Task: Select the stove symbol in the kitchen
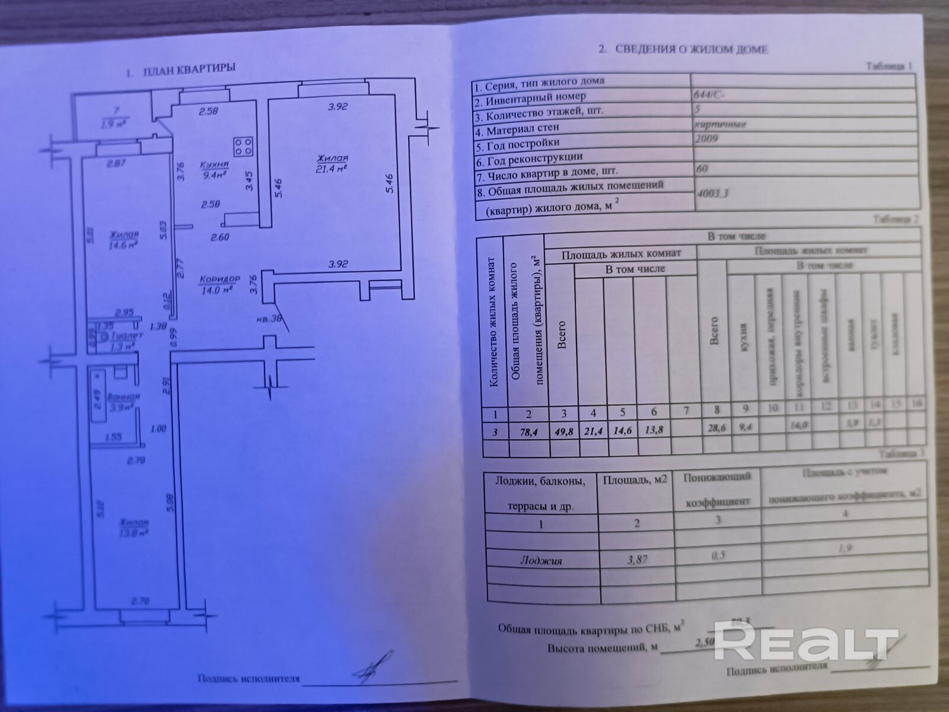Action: point(244,146)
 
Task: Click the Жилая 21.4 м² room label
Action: point(332,163)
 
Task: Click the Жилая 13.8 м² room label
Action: point(133,527)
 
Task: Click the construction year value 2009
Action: point(706,139)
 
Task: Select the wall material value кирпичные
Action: point(719,124)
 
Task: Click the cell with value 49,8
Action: point(563,433)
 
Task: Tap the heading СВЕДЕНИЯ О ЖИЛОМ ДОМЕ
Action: point(691,49)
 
